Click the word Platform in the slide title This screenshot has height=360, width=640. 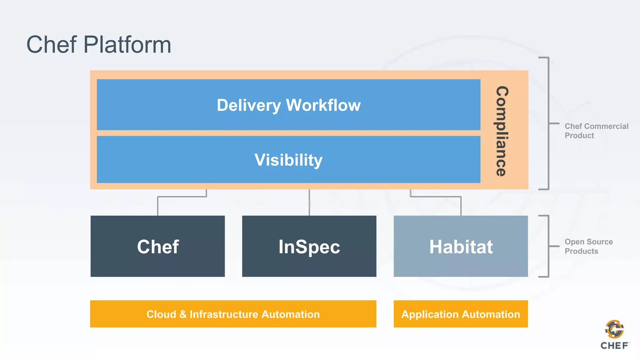[x=127, y=45]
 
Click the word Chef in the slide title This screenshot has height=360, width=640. [x=52, y=45]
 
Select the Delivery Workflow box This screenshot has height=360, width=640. [x=288, y=105]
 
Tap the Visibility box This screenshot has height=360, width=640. [x=288, y=160]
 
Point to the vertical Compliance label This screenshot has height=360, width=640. [x=502, y=131]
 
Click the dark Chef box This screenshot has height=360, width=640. [x=157, y=246]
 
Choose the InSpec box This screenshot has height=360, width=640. [x=309, y=246]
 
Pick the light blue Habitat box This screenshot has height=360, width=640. [x=461, y=246]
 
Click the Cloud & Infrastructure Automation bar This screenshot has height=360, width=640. [x=233, y=314]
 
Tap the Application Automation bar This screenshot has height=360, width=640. [x=461, y=314]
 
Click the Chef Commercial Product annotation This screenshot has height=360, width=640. [x=596, y=131]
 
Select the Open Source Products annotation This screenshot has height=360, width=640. [x=588, y=246]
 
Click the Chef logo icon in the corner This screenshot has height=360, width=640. [x=614, y=329]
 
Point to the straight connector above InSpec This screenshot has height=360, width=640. [x=309, y=202]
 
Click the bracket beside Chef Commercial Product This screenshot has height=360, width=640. [x=548, y=123]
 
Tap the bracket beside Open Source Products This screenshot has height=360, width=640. [x=548, y=246]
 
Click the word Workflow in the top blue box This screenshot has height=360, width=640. [x=323, y=105]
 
